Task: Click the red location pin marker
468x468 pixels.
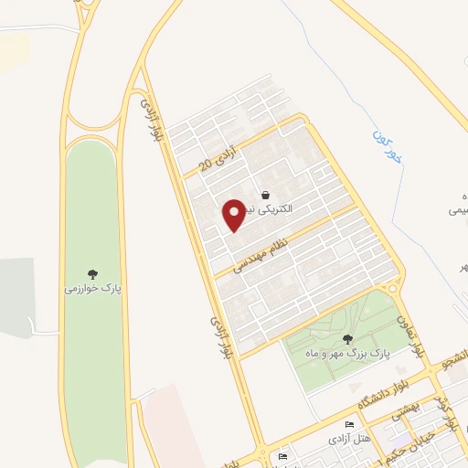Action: [x=235, y=214]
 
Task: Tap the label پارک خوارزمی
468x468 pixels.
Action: [x=92, y=289]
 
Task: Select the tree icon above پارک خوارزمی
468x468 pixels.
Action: [x=92, y=272]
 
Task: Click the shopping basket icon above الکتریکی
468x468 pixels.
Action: [x=265, y=195]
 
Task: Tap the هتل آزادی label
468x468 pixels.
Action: [x=350, y=441]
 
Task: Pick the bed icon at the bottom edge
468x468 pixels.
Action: [x=283, y=456]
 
